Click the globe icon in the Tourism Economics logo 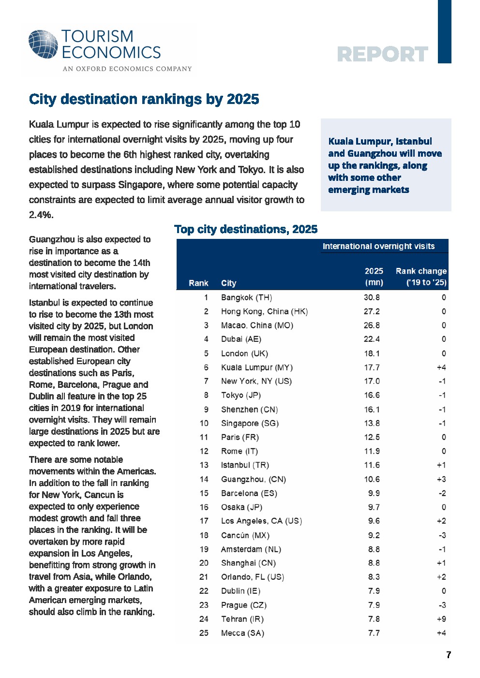(43, 44)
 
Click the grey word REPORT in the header (382, 54)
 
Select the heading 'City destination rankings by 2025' (144, 99)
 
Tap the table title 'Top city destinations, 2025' (246, 229)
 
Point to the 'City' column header (228, 283)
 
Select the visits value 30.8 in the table (372, 297)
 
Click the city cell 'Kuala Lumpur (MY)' (256, 368)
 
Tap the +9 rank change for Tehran (441, 619)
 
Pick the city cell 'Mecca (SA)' (242, 633)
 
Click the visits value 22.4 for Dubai (372, 339)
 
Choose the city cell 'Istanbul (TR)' (245, 465)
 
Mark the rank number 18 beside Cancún (204, 535)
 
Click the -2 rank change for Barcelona (442, 493)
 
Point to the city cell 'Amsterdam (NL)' (251, 549)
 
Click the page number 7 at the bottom (449, 655)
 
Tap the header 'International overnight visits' (378, 246)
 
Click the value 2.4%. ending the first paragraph (41, 215)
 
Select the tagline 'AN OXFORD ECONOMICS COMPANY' (127, 69)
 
